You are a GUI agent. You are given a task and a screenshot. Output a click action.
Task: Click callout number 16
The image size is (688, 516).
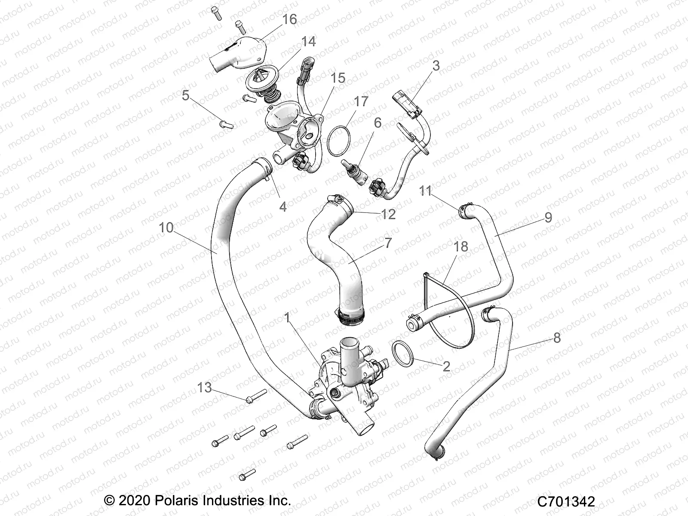click(290, 19)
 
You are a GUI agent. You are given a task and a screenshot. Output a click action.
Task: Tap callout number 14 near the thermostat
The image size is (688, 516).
click(308, 42)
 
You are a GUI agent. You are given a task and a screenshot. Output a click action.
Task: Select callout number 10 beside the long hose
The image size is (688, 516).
click(166, 227)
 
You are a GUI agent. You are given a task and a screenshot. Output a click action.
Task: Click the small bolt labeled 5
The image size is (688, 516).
click(225, 124)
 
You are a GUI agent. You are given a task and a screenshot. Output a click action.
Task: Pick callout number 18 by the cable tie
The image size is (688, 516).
click(461, 247)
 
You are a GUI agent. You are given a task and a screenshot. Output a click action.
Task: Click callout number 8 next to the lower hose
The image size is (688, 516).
click(557, 338)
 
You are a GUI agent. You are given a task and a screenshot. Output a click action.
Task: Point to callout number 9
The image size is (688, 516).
click(548, 217)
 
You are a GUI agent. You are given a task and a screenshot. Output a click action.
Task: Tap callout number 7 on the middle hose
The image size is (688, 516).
click(388, 243)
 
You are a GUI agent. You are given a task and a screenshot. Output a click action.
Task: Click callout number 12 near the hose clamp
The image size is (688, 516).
click(388, 214)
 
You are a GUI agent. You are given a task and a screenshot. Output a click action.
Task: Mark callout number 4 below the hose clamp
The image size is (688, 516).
click(283, 206)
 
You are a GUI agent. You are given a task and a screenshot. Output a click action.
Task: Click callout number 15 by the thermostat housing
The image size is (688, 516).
click(338, 78)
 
